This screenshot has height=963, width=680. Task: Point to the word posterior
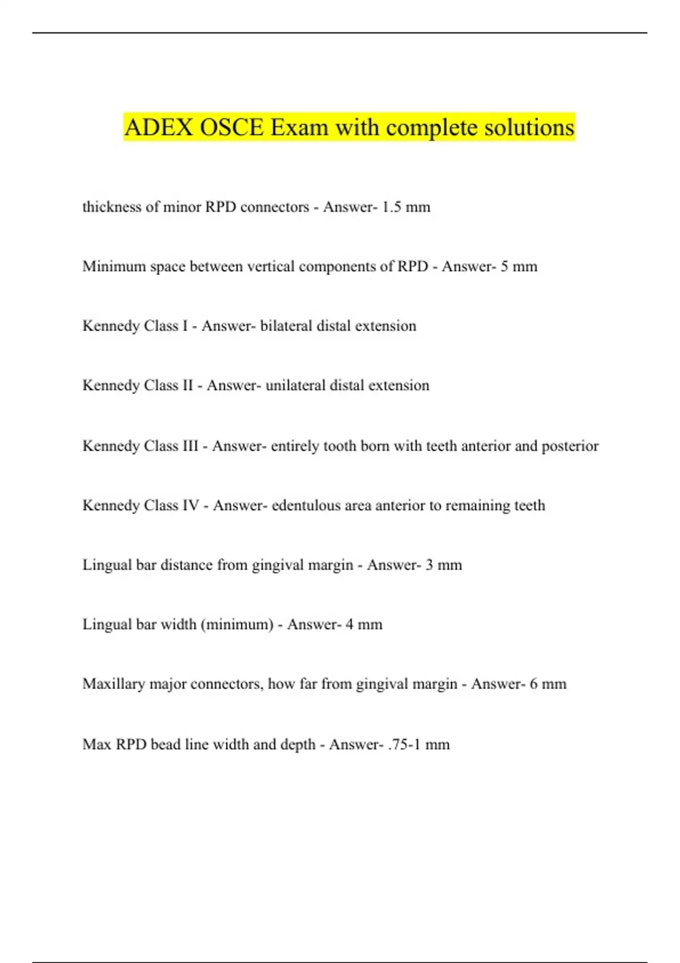[x=570, y=446]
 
